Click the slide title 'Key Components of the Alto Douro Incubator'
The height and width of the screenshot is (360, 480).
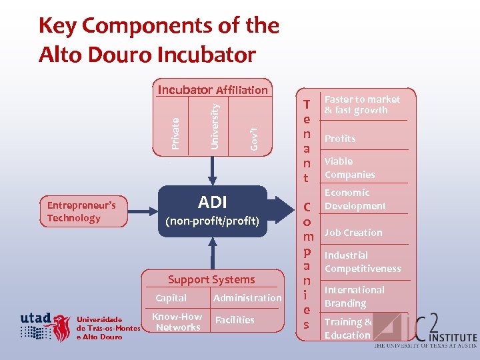tap(159, 39)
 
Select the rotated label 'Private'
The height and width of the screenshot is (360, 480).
tap(175, 133)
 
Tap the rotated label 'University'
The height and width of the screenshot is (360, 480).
tap(214, 125)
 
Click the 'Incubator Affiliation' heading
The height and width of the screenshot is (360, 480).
tap(212, 89)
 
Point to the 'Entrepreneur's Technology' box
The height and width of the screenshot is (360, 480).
tap(83, 211)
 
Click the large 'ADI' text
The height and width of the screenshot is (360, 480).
tap(212, 202)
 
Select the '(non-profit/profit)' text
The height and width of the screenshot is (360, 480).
tap(212, 221)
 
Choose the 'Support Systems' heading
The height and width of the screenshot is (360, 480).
tap(211, 279)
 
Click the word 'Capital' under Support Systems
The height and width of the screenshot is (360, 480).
tap(171, 298)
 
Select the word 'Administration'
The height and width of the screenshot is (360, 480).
tap(247, 298)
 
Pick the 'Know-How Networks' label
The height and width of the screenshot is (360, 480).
tap(177, 322)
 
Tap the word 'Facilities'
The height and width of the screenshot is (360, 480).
tap(235, 320)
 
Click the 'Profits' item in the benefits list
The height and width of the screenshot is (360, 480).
tap(340, 139)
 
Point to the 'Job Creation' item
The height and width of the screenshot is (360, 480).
tap(353, 233)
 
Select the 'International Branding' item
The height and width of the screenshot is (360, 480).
tap(354, 297)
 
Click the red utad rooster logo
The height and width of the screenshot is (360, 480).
tap(62, 327)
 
